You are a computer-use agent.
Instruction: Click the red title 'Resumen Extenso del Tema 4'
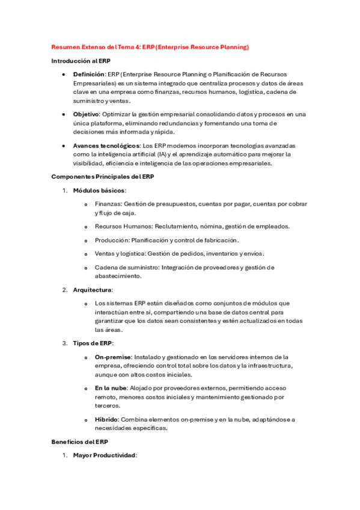tap(96, 46)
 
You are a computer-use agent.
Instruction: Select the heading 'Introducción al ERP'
tap(81, 61)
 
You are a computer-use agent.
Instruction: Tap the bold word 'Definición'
tap(88, 74)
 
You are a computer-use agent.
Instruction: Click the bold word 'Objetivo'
tap(86, 114)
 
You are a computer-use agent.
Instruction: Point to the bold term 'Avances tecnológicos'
tap(106, 146)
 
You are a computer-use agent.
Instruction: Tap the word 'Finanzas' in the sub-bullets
tap(108, 204)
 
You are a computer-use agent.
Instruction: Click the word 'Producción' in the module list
tap(111, 240)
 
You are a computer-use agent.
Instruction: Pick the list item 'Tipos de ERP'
tap(93, 343)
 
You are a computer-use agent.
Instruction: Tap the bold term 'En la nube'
tap(111, 388)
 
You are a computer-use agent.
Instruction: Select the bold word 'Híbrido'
tap(106, 419)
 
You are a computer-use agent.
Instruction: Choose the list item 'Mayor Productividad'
tap(105, 455)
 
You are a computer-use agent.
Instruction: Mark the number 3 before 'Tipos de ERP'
tap(64, 343)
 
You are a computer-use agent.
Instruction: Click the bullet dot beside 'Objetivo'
tap(64, 114)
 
